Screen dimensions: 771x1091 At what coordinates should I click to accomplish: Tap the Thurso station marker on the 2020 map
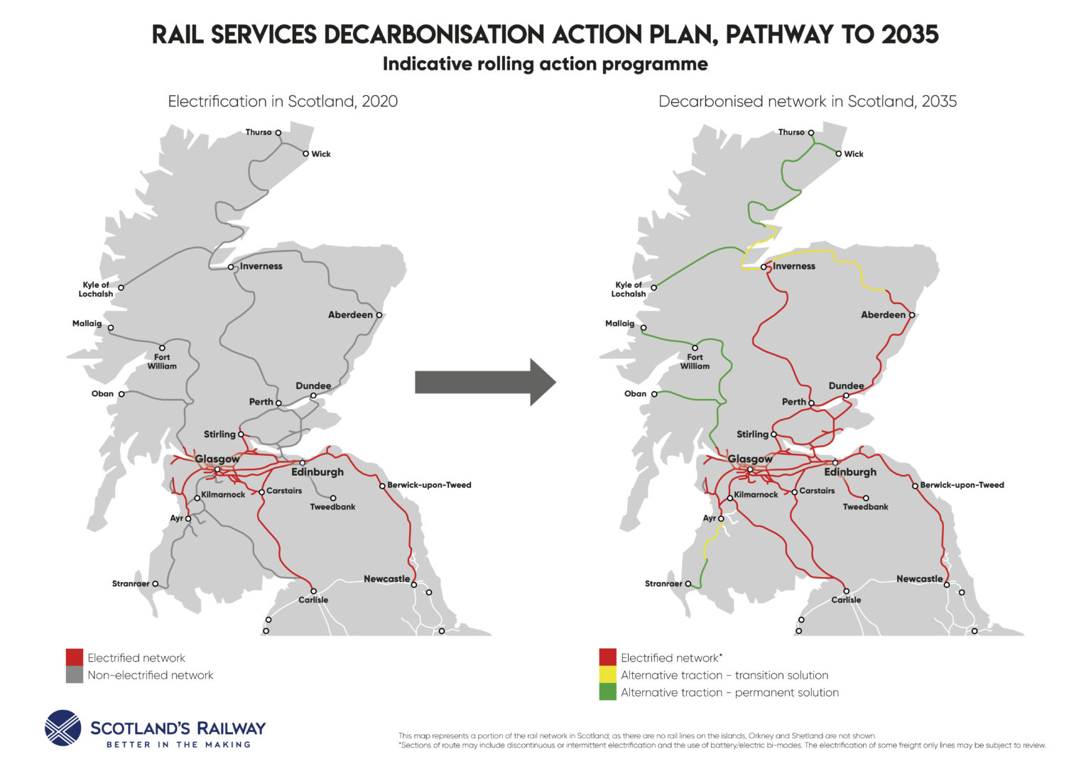pos(278,133)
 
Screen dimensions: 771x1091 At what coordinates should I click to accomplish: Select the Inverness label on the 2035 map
pos(793,266)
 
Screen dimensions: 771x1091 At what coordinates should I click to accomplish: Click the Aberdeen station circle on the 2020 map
pos(379,315)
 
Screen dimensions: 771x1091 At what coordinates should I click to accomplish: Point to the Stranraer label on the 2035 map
pos(663,584)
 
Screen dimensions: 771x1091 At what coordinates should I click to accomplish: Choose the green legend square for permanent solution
pos(607,692)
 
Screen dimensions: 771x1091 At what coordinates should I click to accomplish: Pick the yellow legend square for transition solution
pos(607,675)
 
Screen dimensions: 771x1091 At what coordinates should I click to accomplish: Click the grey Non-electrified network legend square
pos(75,675)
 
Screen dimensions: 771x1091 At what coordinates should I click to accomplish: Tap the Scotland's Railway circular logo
pos(63,728)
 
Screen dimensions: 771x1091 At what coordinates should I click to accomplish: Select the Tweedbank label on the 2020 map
pos(332,507)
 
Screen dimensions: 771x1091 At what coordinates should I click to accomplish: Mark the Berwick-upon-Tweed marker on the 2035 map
pos(915,486)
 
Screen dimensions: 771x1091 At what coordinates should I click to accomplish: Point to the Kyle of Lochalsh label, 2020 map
pos(95,289)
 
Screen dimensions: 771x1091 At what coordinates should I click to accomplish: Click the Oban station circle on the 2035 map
pos(654,394)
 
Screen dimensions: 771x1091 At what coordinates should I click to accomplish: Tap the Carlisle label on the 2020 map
pos(313,600)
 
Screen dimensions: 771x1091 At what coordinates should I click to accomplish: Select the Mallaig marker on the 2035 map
pos(644,328)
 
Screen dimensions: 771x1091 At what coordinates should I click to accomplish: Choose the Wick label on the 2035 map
pos(854,154)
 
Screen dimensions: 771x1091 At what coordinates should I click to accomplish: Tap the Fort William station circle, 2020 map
pos(162,348)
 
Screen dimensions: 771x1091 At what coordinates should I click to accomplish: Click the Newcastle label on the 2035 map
pos(919,579)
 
